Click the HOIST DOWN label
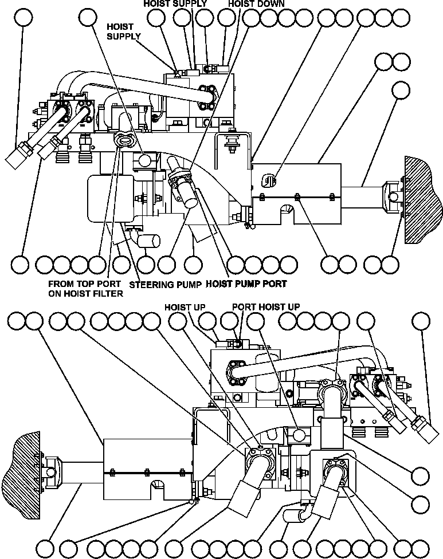[x=256, y=3]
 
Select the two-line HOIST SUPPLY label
[x=124, y=32]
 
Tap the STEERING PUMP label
[x=165, y=284]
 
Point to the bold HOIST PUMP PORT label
[x=246, y=284]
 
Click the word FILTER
[x=108, y=294]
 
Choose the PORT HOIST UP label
[x=265, y=307]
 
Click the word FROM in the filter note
[x=60, y=284]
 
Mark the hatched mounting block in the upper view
[x=422, y=199]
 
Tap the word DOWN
[x=272, y=3]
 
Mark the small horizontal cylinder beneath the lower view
[x=294, y=515]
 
